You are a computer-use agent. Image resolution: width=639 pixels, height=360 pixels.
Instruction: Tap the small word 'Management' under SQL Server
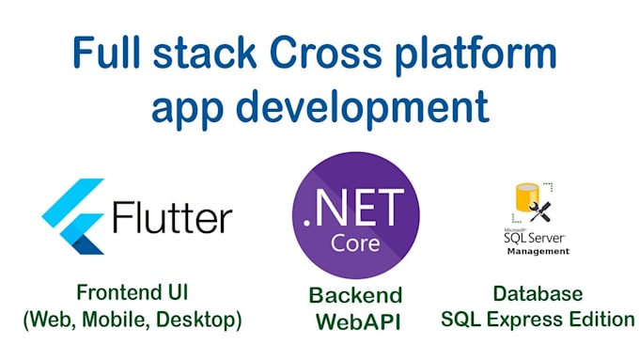pos(538,252)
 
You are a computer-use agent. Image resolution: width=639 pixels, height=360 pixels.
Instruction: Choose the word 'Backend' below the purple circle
pos(355,296)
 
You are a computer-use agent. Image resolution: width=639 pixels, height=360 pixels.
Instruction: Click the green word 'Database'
pos(538,294)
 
